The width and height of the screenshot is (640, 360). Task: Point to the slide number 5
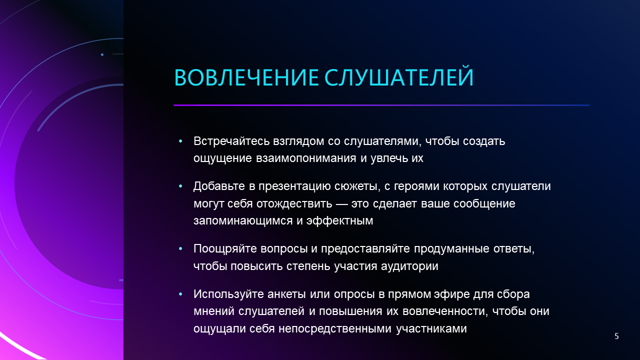[x=616, y=336]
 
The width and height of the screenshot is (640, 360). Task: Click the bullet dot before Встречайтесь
[x=180, y=141]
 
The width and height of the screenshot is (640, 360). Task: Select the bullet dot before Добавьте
[x=180, y=186]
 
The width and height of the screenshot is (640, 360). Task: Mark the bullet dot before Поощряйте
[x=180, y=249]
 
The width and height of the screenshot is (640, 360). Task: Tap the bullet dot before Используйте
[x=180, y=294]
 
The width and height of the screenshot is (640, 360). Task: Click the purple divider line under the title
[x=381, y=105]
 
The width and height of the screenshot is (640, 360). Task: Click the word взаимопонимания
[x=306, y=158]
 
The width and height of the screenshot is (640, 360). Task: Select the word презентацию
[x=294, y=186]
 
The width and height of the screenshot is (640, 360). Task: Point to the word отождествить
[x=294, y=203]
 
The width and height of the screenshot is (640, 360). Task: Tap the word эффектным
[x=339, y=220]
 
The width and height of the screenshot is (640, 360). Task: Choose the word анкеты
[x=286, y=294]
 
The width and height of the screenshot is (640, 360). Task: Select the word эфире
[x=451, y=294]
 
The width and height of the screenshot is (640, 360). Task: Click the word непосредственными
[x=335, y=329]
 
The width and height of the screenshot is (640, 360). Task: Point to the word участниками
[x=431, y=329]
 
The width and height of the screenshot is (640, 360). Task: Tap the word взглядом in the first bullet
[x=298, y=141]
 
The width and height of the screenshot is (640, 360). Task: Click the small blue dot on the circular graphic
[x=102, y=54]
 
